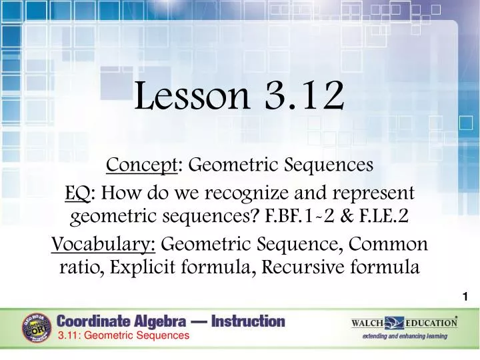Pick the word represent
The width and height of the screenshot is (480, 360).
click(378, 194)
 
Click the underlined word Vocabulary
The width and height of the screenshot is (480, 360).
click(103, 244)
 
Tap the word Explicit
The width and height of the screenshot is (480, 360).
click(145, 268)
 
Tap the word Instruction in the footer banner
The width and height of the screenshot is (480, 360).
click(248, 321)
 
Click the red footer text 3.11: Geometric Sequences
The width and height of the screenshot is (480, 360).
click(123, 336)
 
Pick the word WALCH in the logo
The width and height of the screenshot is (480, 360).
click(367, 323)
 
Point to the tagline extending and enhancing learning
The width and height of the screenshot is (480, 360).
click(405, 336)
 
